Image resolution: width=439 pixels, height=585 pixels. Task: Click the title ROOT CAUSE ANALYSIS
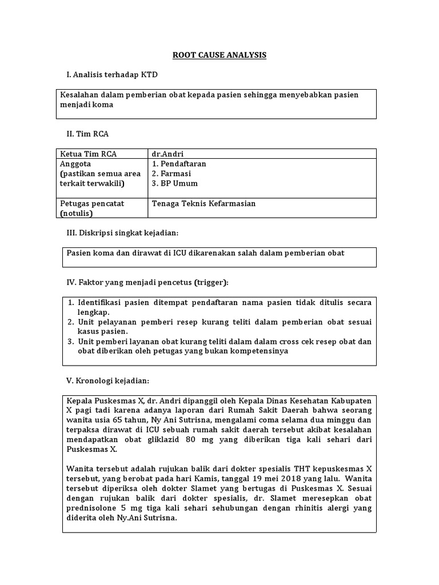pyautogui.click(x=220, y=55)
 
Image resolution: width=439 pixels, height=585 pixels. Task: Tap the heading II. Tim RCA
pyautogui.click(x=87, y=134)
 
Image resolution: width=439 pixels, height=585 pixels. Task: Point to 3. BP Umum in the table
pyautogui.click(x=175, y=183)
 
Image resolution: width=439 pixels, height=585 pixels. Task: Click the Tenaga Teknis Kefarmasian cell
pyautogui.click(x=203, y=203)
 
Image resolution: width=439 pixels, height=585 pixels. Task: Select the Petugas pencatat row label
pyautogui.click(x=92, y=203)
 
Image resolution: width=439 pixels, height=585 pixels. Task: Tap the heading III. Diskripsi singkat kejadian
pyautogui.click(x=123, y=233)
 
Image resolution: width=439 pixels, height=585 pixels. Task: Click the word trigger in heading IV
pyautogui.click(x=210, y=282)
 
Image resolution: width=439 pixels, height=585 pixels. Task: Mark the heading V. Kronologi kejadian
pyautogui.click(x=109, y=380)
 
